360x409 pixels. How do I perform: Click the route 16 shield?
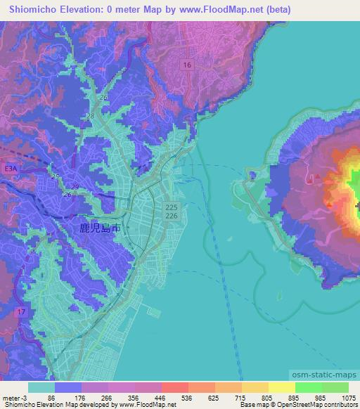tap(186, 65)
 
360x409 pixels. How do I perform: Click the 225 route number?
tap(171, 207)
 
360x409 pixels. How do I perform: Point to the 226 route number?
tap(171, 216)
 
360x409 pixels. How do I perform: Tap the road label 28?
tap(90, 116)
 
